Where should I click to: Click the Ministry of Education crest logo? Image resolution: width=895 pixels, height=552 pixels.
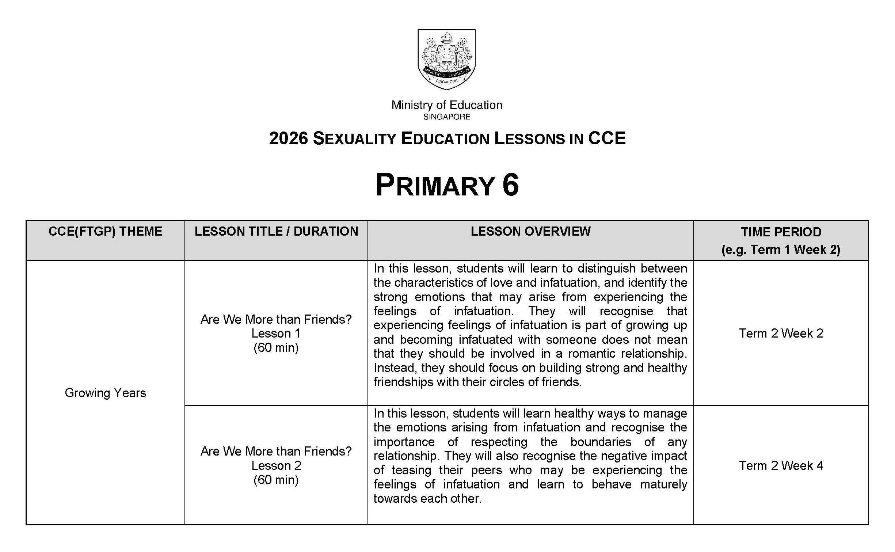(446, 59)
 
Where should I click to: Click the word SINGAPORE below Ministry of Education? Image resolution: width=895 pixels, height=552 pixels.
(447, 117)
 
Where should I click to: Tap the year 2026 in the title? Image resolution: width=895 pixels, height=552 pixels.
(289, 138)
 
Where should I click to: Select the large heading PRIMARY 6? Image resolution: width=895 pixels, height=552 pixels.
(447, 185)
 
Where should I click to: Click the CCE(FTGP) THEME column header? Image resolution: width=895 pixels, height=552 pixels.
(105, 232)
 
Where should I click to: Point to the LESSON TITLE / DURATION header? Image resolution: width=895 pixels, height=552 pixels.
(276, 232)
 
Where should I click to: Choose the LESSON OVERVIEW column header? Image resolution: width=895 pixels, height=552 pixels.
(530, 232)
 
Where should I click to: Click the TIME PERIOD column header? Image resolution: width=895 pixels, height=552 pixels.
(781, 232)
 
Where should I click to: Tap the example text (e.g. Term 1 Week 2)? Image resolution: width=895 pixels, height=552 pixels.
(781, 250)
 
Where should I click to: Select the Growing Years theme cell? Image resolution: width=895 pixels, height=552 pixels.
(105, 393)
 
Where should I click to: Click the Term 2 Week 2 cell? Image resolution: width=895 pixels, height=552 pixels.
(781, 333)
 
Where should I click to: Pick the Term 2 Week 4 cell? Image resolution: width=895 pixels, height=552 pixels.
(781, 465)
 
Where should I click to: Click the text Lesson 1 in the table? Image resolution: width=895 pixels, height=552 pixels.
(276, 333)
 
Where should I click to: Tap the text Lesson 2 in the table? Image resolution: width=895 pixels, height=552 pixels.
(276, 465)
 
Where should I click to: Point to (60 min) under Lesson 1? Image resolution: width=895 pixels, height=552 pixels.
(276, 347)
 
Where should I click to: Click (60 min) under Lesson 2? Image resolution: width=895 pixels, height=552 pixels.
(276, 480)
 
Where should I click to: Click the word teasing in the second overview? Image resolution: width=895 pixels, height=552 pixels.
(411, 470)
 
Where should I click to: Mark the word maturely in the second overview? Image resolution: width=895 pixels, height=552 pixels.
(663, 484)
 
